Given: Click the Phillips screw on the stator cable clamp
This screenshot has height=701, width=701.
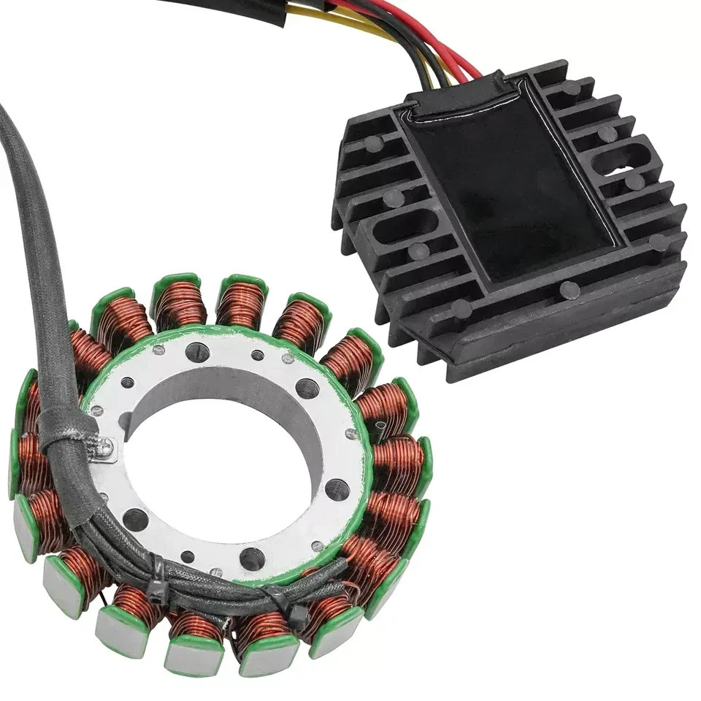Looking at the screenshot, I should pos(104,446).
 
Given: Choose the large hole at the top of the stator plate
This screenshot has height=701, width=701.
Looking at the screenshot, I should pos(197,352).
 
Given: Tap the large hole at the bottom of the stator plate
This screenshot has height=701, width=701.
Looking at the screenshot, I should pos(252,559).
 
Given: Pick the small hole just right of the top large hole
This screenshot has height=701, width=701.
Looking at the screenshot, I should pos(258,356).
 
